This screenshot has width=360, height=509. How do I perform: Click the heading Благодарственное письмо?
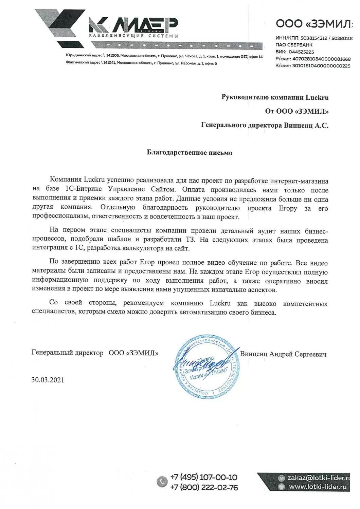[190, 153]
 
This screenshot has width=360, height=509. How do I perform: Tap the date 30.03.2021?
[48, 380]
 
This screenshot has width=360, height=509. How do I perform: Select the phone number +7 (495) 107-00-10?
[204, 477]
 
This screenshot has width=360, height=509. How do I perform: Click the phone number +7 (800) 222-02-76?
[204, 488]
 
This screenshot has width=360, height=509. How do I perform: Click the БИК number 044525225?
[301, 52]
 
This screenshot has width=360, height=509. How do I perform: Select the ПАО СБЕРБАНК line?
[294, 45]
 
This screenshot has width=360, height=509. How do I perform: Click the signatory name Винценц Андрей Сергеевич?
[283, 354]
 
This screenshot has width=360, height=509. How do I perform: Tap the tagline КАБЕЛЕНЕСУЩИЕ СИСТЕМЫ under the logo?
[133, 36]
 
